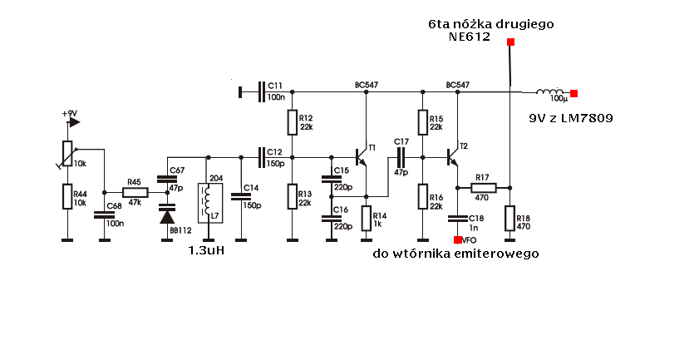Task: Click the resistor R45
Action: (134, 191)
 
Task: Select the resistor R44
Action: (67, 196)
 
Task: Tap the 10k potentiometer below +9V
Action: (67, 153)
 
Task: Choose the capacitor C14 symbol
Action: (240, 196)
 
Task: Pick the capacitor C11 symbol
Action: (263, 91)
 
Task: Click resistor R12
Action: (292, 123)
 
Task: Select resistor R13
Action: (292, 197)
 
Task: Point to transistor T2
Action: (454, 156)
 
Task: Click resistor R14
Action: (365, 219)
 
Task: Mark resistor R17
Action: (483, 189)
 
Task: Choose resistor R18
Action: (509, 218)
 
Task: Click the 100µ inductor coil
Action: (549, 92)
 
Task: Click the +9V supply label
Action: (70, 114)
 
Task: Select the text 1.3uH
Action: (207, 251)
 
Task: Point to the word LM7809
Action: (586, 119)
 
